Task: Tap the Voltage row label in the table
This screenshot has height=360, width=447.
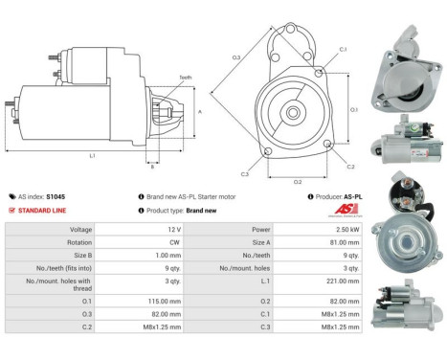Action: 81,231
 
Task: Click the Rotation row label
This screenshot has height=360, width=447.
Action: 80,243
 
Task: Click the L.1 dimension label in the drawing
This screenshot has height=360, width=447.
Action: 92,154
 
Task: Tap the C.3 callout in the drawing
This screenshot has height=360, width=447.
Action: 245,173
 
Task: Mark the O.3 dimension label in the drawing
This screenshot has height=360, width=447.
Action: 236,57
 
